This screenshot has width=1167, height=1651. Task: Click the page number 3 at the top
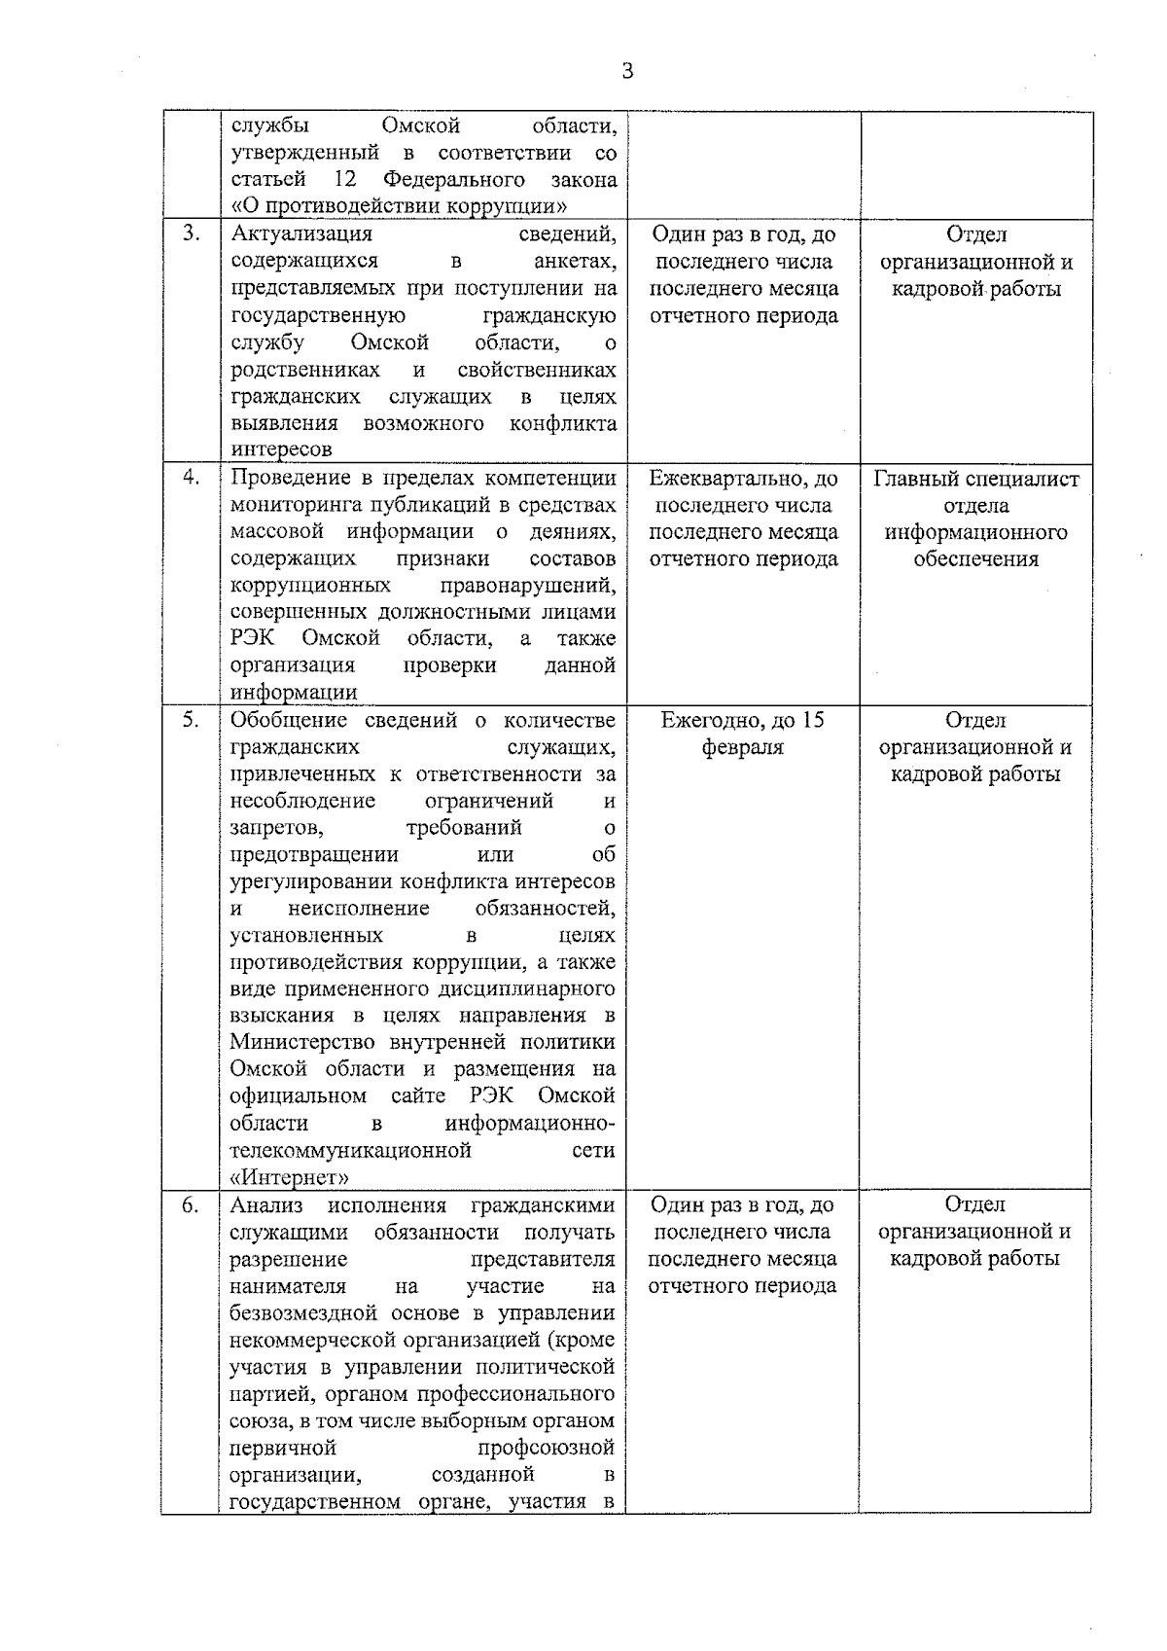tap(627, 71)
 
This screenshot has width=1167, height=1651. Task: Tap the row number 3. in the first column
tap(192, 233)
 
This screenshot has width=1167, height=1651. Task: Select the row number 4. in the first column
tap(192, 477)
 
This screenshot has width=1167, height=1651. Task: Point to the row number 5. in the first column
tap(192, 719)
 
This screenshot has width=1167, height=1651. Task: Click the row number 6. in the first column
tap(192, 1204)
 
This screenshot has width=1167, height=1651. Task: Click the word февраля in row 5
tap(743, 747)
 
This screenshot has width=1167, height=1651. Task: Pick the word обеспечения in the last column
tap(975, 559)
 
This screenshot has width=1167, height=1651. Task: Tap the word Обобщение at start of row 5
tap(289, 721)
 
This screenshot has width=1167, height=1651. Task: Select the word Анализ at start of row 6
tap(266, 1205)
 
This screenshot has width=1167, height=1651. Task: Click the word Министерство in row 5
tap(301, 1043)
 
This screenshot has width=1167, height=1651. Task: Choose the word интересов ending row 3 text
tap(281, 450)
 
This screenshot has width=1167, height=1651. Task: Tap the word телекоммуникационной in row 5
tap(350, 1151)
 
